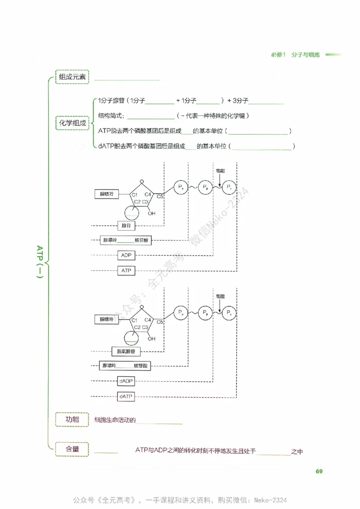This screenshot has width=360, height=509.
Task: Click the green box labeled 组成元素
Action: pos(72,76)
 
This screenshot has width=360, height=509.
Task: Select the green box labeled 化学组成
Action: pos(72,123)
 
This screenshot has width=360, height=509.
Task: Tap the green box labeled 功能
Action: pos(72,420)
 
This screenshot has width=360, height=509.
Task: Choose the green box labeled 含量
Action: pos(72,449)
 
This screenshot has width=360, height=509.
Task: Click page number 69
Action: pos(319,471)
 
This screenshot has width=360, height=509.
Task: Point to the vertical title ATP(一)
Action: pos(40,262)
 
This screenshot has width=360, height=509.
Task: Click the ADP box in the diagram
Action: pos(126,255)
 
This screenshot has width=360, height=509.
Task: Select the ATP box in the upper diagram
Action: pos(126,271)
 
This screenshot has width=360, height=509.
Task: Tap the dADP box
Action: pos(126,381)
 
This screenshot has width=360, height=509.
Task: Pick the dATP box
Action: pos(126,396)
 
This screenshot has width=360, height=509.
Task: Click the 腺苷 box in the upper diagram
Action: pos(126,225)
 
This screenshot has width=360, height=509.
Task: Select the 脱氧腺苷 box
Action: pos(126,351)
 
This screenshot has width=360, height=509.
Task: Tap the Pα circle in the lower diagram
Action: pos(180,312)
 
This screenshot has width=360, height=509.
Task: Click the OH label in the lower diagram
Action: pos(152,339)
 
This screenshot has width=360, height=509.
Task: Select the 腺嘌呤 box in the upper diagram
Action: pos(107,194)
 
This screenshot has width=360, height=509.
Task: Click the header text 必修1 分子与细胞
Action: pos(295,55)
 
